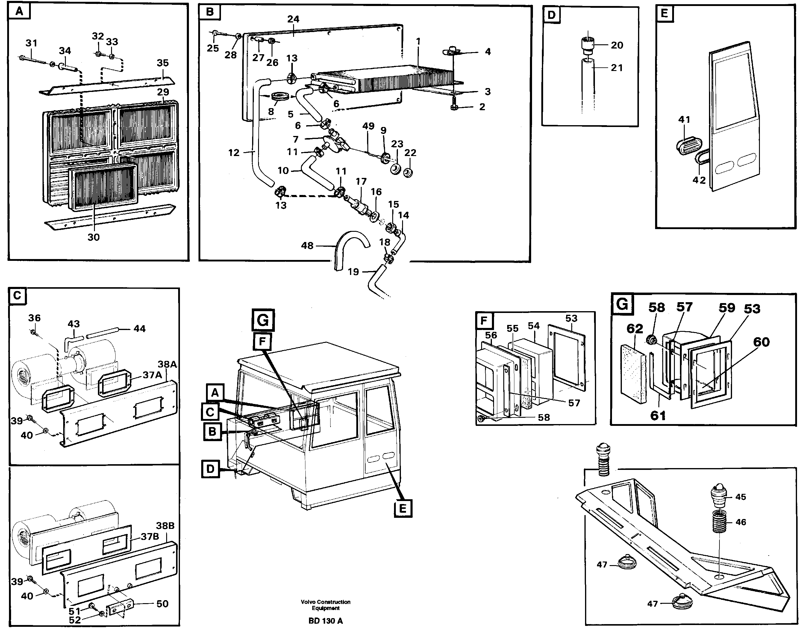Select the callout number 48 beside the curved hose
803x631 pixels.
click(307, 245)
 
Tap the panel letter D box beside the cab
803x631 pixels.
click(210, 469)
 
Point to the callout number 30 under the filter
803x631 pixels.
click(93, 237)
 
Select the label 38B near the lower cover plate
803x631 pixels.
click(165, 525)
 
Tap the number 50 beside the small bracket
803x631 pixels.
click(163, 604)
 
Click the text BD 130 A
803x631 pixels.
click(325, 621)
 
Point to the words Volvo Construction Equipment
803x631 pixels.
click(325, 605)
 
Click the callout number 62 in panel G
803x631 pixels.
click(634, 329)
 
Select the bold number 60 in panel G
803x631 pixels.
click(761, 342)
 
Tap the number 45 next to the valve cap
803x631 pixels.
click(741, 497)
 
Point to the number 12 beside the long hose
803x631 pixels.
click(234, 152)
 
